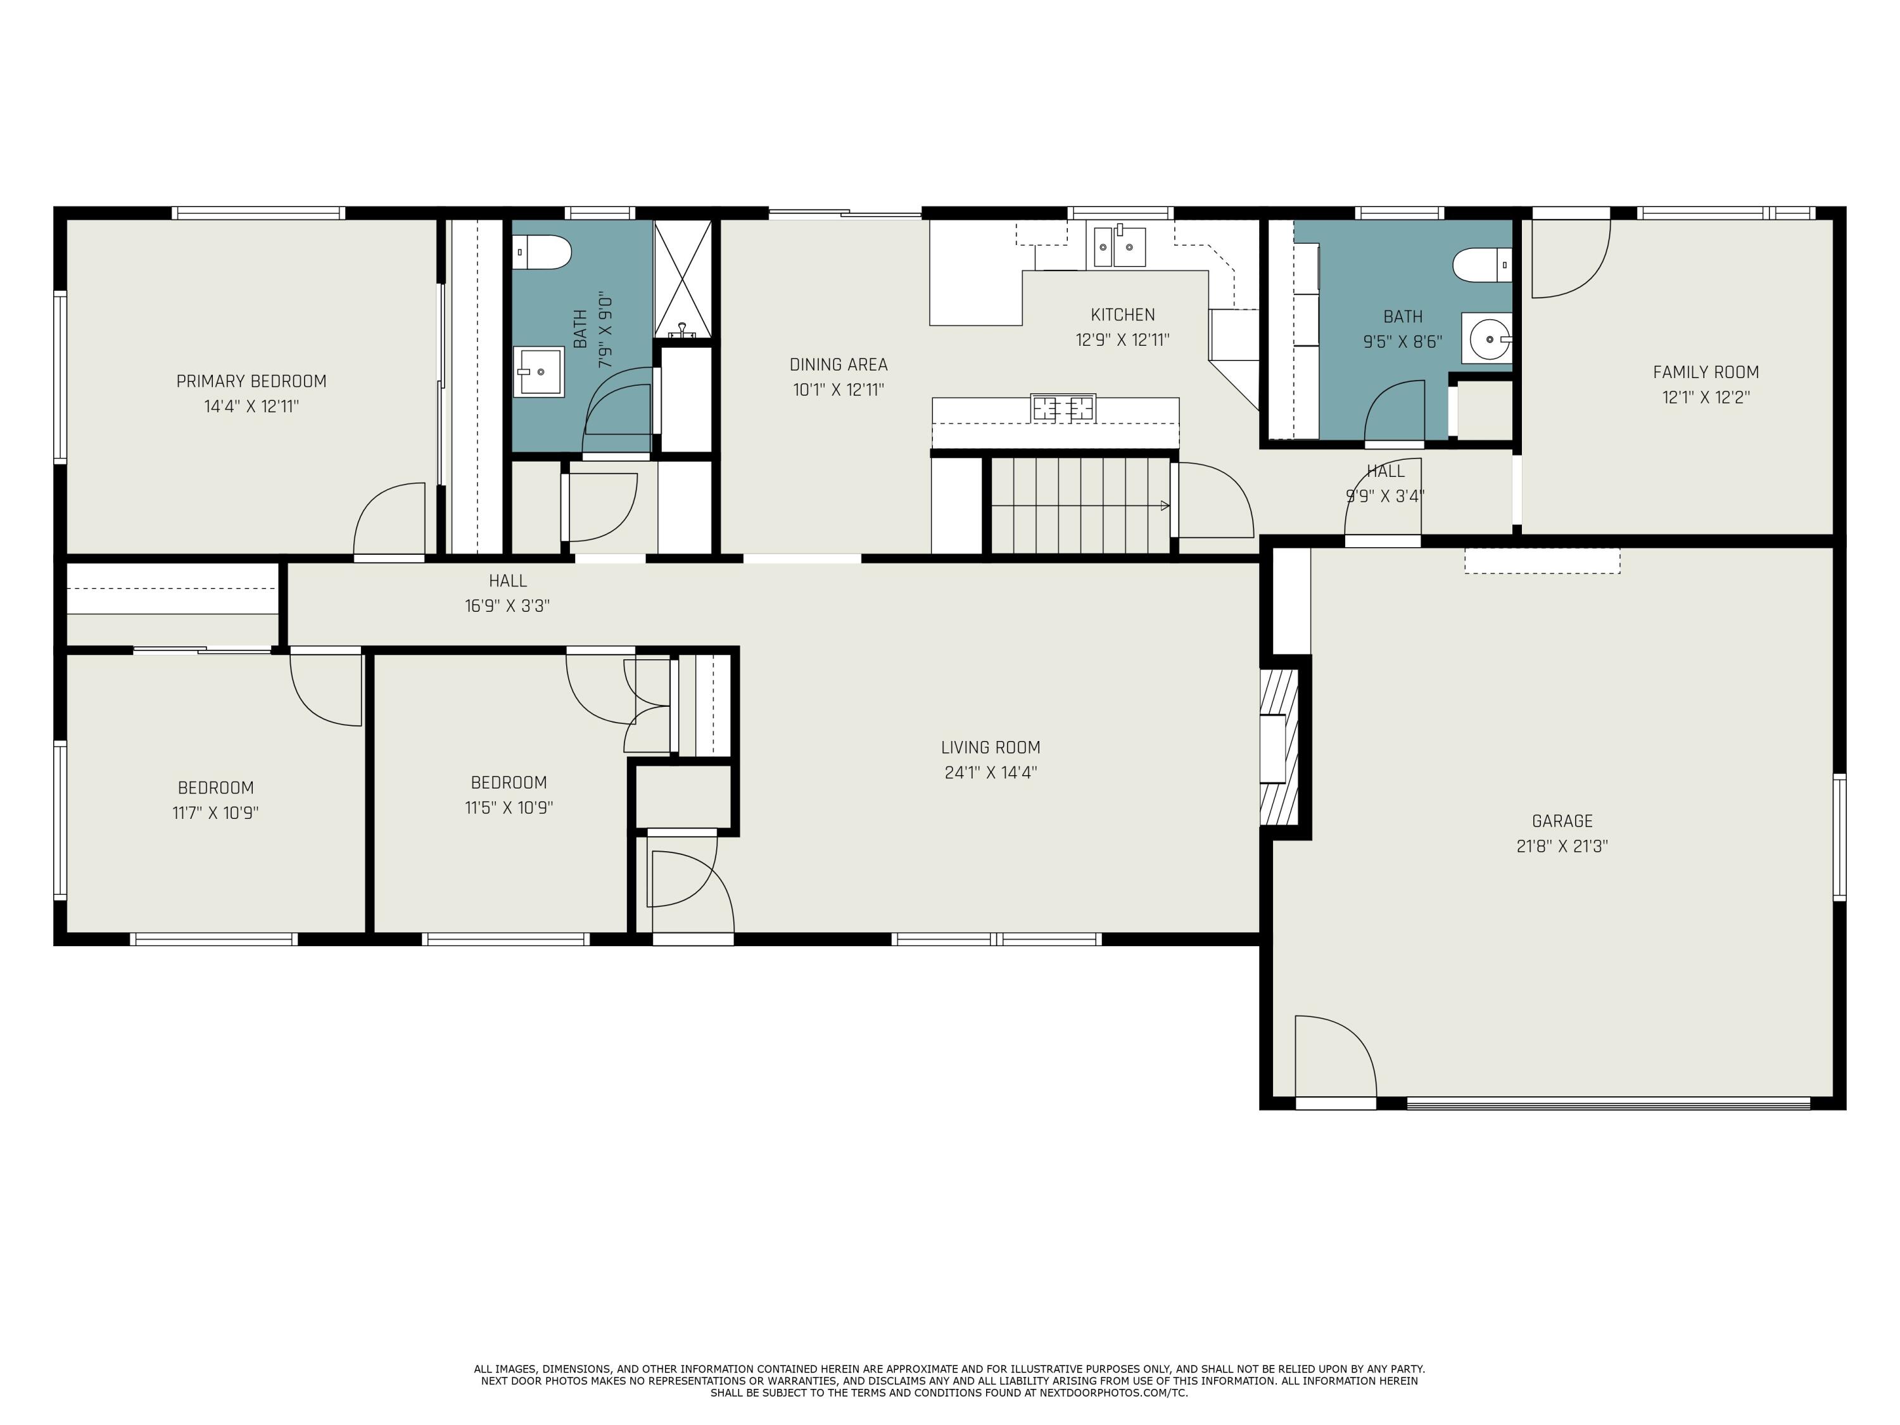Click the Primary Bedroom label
251,381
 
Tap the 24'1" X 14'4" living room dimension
991,772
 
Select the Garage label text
1562,821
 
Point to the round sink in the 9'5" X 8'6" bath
1490,339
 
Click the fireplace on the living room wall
1280,747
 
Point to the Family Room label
1706,373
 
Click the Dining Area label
839,365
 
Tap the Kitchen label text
1123,315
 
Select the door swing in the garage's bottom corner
1335,1056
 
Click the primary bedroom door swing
389,520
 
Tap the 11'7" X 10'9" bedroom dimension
215,813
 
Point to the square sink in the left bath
538,372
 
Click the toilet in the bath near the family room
1483,265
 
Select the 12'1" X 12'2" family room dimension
1706,398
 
